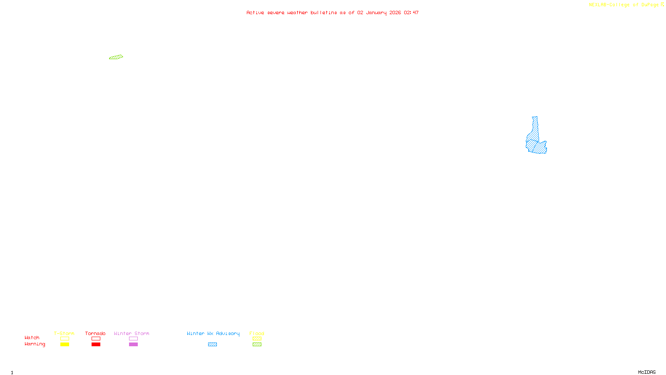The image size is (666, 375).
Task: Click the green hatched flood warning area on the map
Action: [x=116, y=57]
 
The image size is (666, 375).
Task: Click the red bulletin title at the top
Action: [x=332, y=12]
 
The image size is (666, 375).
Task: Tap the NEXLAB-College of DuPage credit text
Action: [x=624, y=5]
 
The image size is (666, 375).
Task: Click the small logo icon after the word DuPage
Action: [x=662, y=5]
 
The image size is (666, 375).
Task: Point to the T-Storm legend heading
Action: [x=64, y=333]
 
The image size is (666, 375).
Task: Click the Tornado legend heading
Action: [x=95, y=333]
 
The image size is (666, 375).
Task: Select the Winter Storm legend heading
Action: [x=132, y=333]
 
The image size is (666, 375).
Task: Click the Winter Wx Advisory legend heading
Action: [x=213, y=333]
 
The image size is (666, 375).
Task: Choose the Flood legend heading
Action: [x=257, y=333]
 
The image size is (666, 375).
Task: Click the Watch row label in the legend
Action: [x=32, y=338]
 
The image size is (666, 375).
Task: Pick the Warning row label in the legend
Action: [x=35, y=344]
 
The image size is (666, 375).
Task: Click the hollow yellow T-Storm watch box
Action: [x=65, y=339]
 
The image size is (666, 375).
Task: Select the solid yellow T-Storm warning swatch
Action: [x=65, y=345]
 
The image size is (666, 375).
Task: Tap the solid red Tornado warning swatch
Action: [x=96, y=345]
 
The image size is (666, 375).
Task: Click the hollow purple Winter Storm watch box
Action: [x=133, y=339]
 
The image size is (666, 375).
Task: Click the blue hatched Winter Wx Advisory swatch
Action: [x=212, y=345]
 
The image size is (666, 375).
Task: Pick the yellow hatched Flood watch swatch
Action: [x=257, y=339]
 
